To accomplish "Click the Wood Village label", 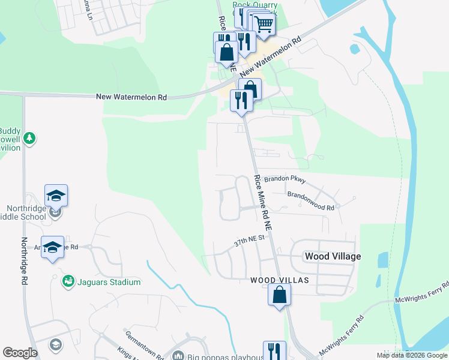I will (333, 256).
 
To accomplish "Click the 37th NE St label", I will (250, 242).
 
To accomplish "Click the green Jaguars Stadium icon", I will (69, 281).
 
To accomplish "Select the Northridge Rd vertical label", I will (25, 260).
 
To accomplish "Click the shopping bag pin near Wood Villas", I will (279, 295).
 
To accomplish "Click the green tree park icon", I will (29, 139).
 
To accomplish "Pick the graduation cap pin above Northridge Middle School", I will (56, 196).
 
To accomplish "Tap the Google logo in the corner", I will (20, 353).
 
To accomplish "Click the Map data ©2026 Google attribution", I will (412, 355).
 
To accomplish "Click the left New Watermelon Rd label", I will (131, 97).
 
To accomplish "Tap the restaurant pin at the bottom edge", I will (274, 350).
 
